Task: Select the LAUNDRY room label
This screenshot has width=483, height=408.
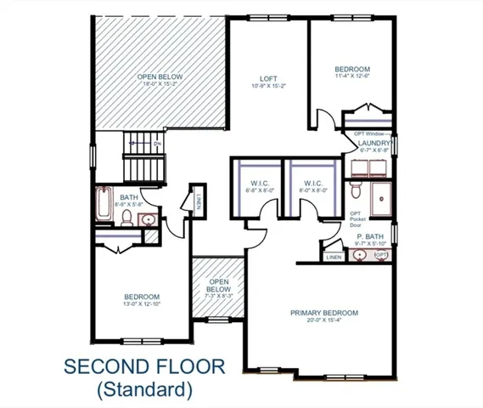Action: (373, 144)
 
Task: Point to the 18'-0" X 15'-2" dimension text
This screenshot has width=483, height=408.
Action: (160, 85)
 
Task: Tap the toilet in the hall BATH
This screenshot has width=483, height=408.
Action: (126, 219)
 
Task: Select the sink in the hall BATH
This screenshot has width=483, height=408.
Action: (149, 220)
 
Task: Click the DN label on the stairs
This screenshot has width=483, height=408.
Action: (157, 145)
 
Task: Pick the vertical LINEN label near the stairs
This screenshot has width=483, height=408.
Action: (197, 201)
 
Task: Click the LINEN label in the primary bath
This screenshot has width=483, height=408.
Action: (334, 256)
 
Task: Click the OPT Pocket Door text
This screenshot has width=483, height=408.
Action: (356, 219)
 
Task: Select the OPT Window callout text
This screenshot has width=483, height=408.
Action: (370, 133)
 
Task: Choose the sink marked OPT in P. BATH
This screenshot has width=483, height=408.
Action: (381, 255)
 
